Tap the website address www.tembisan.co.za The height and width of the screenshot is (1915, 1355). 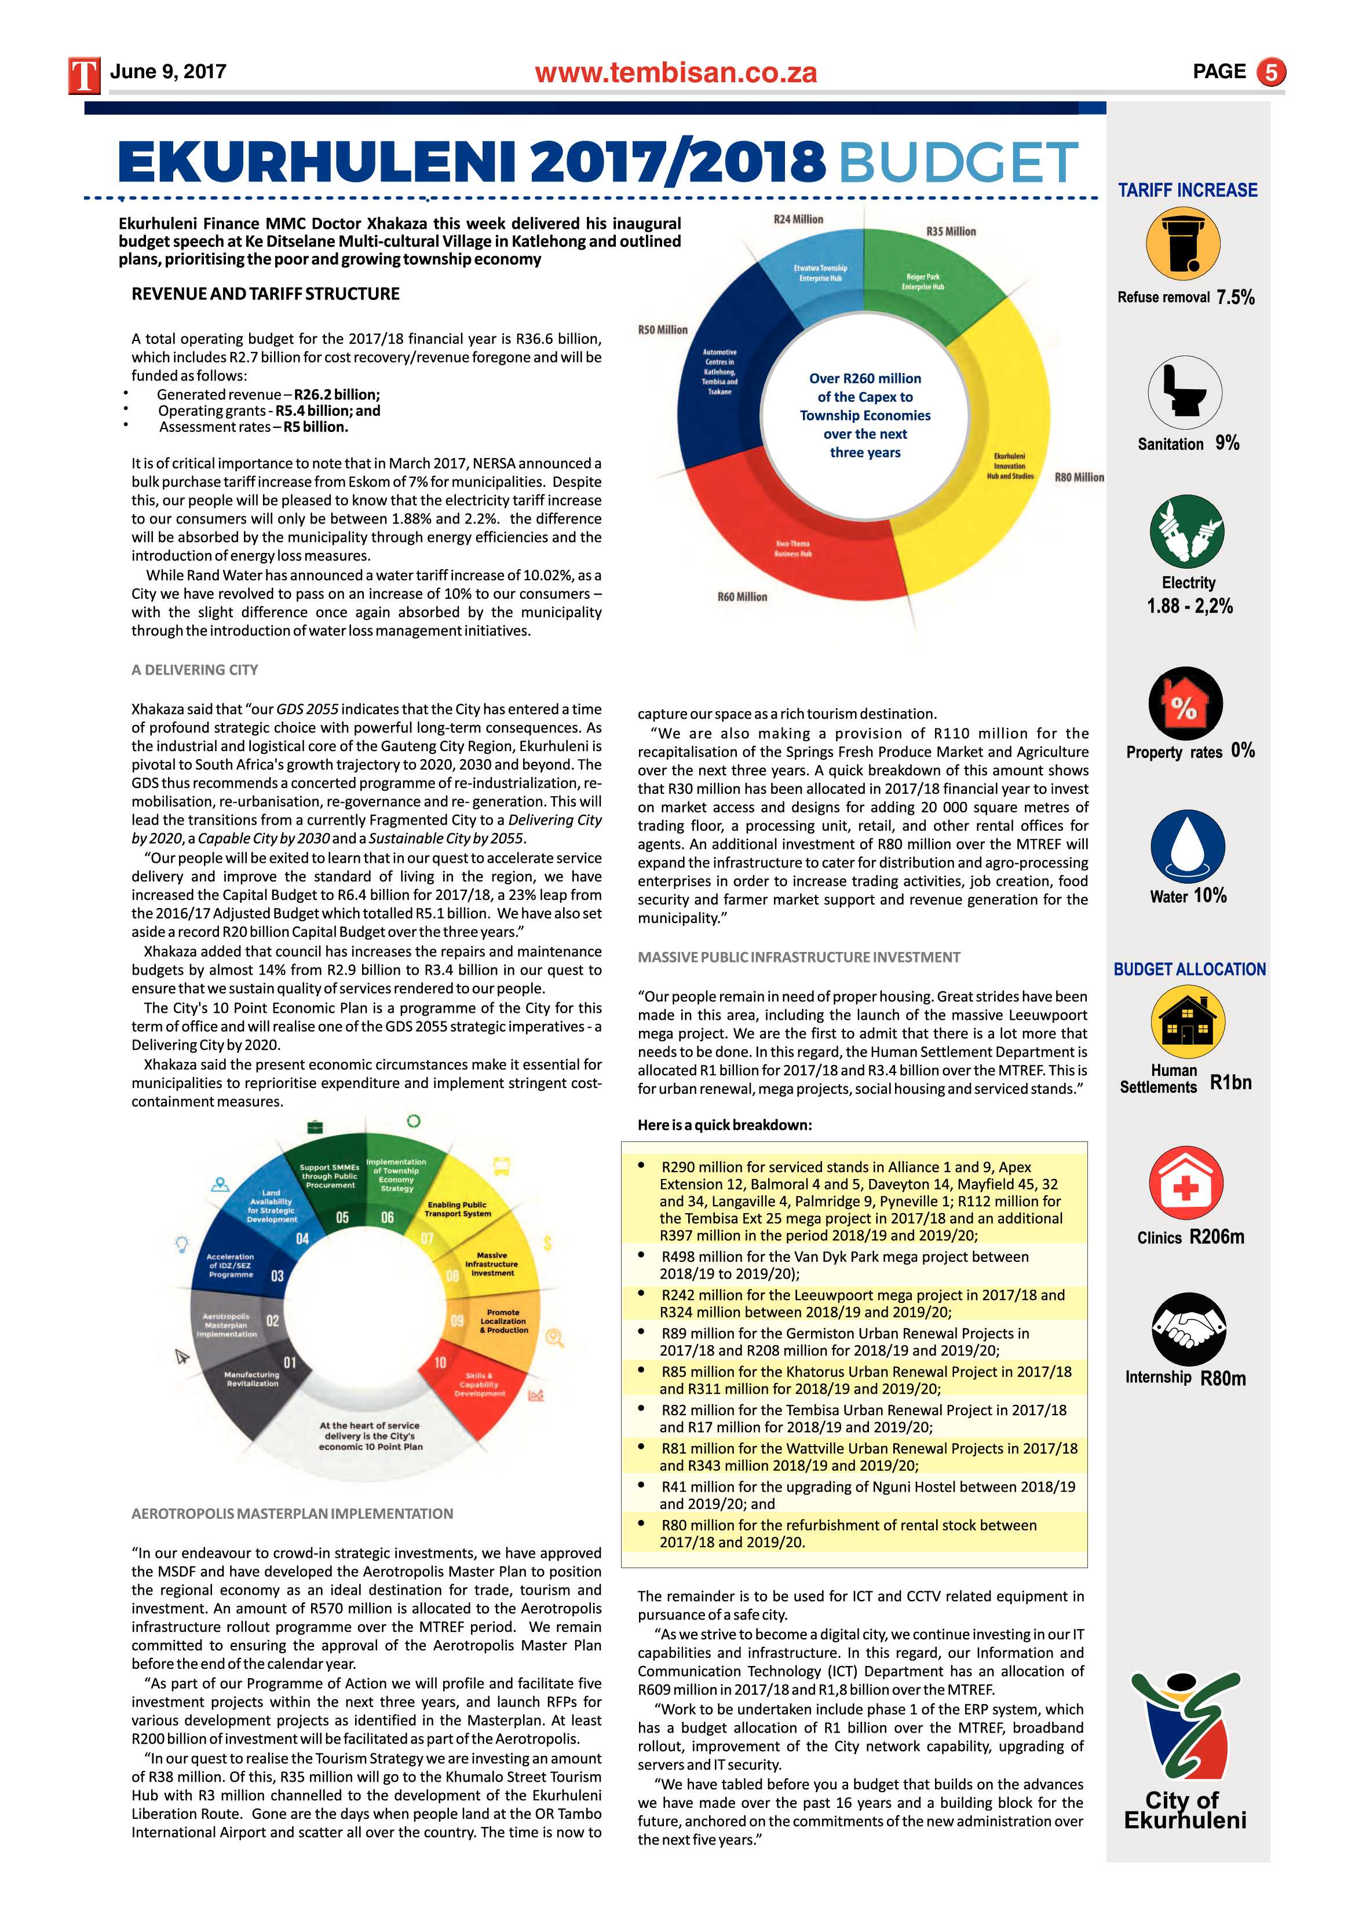coord(676,74)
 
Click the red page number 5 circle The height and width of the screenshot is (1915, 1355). coord(1271,72)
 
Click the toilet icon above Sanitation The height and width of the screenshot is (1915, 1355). coord(1184,391)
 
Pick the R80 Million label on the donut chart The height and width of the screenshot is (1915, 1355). coord(1079,477)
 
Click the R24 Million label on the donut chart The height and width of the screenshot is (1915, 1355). coord(798,219)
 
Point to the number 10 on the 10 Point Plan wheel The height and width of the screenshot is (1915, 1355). coord(440,1362)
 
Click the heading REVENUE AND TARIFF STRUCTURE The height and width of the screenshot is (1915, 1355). coord(265,294)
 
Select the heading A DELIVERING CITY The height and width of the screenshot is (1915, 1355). coord(195,670)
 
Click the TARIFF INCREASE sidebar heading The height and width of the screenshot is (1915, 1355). coord(1188,190)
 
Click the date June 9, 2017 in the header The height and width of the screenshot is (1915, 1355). coord(167,72)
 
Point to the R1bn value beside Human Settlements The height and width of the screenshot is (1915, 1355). coord(1230,1083)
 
